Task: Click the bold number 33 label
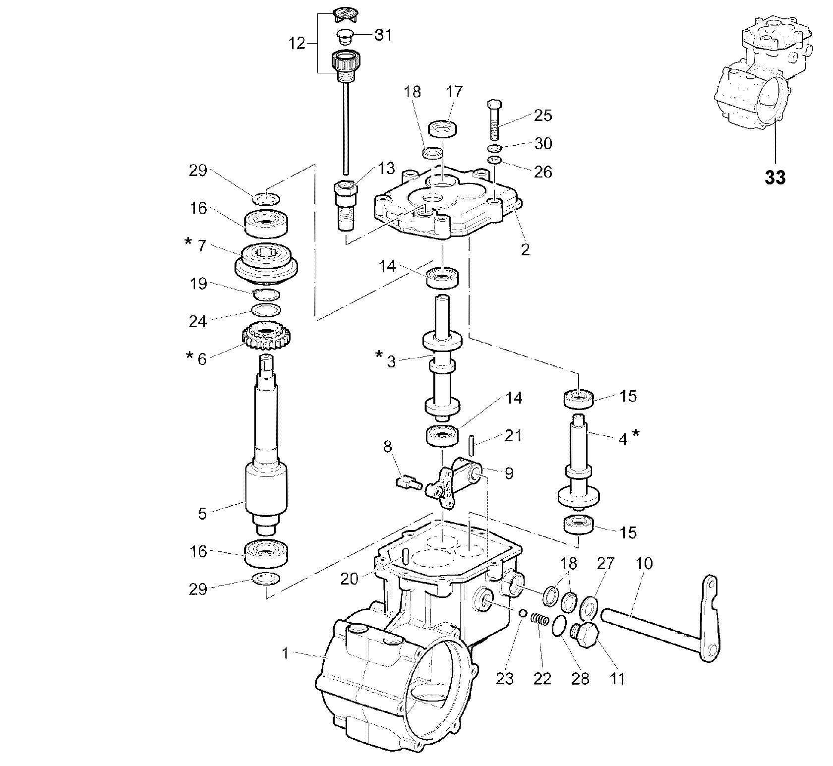coord(775,177)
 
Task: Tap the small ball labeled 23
coord(522,614)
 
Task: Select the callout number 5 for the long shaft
coord(202,514)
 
